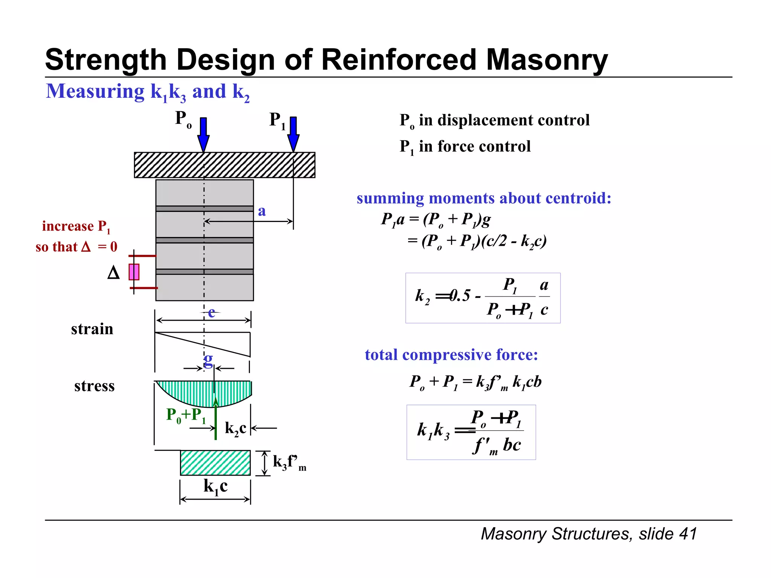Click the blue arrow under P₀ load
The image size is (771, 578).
(x=203, y=134)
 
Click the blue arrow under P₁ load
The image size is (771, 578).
(x=293, y=134)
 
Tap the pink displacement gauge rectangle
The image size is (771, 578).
(x=134, y=272)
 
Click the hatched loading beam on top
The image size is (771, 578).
(x=224, y=165)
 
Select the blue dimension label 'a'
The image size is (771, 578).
(x=262, y=211)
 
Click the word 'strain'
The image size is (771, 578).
(x=92, y=329)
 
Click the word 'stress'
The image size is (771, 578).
(x=94, y=386)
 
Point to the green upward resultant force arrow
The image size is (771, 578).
(x=216, y=420)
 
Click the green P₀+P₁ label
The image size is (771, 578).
(x=186, y=415)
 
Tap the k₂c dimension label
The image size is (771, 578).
(x=235, y=428)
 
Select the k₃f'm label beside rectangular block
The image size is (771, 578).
(x=289, y=462)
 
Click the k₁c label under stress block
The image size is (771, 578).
(x=215, y=486)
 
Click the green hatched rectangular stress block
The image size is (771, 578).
(x=215, y=463)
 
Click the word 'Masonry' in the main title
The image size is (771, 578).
(x=547, y=60)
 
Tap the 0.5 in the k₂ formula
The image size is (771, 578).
(x=460, y=296)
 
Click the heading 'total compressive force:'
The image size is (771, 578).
(x=451, y=354)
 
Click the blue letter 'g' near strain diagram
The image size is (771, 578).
(x=208, y=359)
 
